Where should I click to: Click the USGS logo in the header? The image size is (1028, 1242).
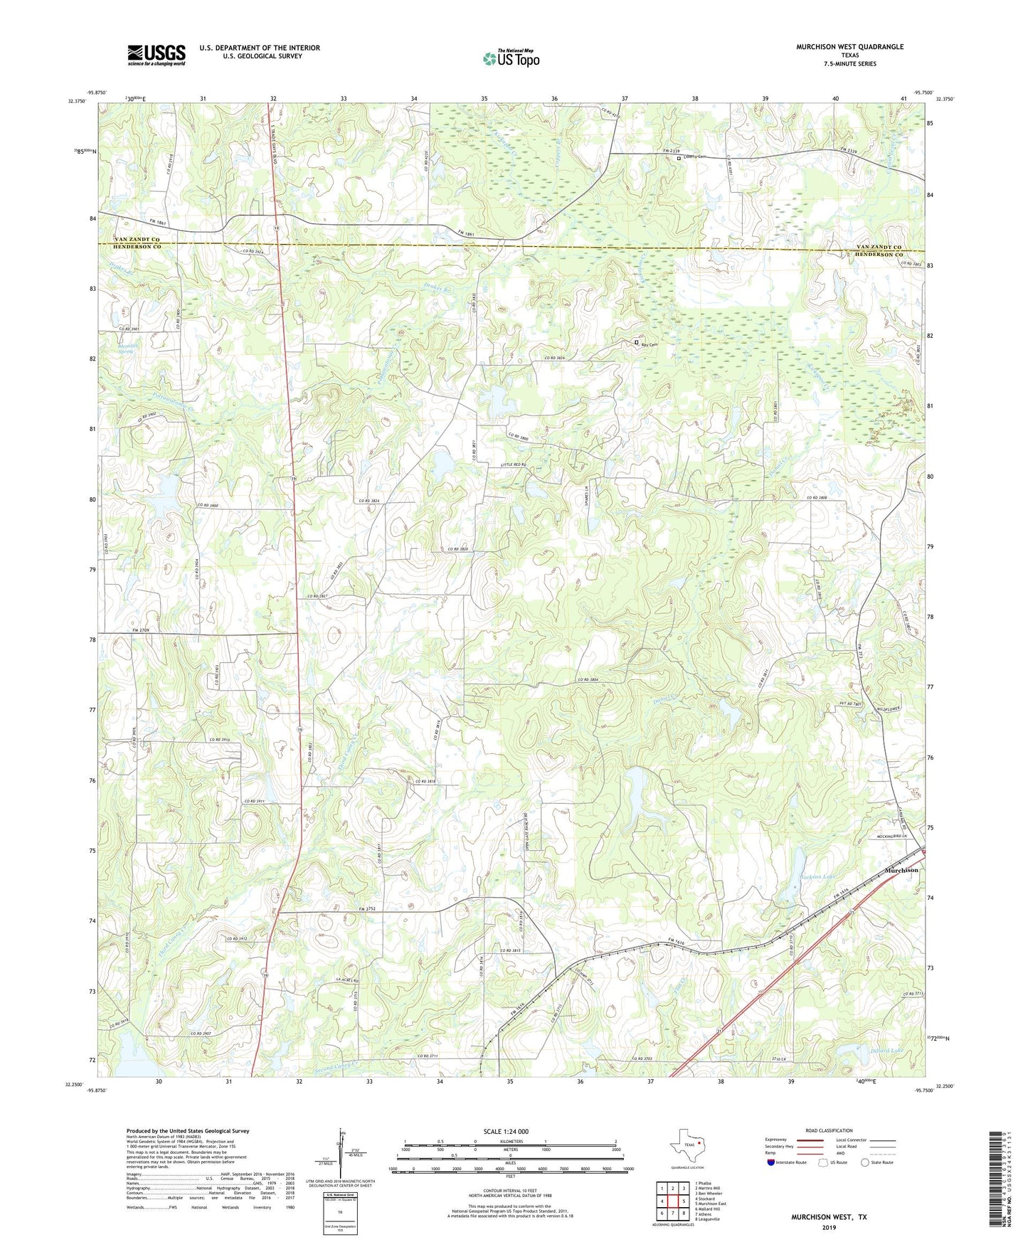[156, 55]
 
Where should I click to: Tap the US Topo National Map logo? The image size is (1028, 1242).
[510, 58]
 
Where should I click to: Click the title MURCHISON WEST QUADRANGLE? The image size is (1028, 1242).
[849, 47]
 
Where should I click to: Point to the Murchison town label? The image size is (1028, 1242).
[901, 870]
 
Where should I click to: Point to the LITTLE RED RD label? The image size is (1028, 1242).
[513, 465]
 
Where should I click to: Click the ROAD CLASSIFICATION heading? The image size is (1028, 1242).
[829, 1130]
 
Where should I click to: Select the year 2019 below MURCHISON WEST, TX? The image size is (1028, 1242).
[829, 1227]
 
